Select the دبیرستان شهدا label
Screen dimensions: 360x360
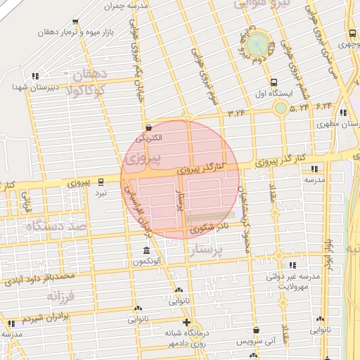pos(29,86)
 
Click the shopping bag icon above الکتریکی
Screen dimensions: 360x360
pos(148,128)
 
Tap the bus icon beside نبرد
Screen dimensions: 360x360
pos(101,181)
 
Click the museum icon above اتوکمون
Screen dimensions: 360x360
pos(146,251)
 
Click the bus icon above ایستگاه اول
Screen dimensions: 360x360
pos(273,81)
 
